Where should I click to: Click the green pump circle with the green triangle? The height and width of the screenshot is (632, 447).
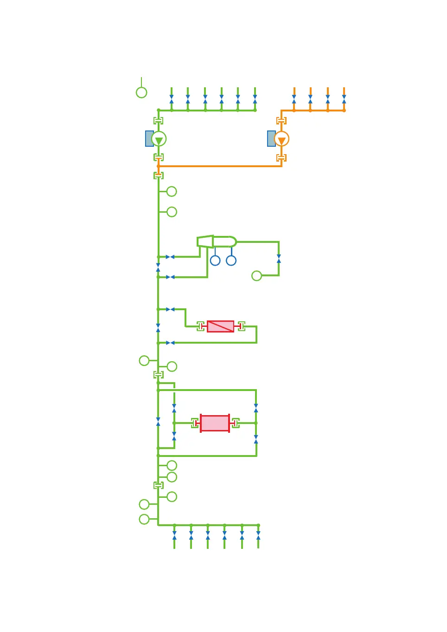[159, 139]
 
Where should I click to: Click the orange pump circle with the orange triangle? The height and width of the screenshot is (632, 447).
[281, 139]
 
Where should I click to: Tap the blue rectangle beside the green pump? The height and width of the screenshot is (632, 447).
[149, 138]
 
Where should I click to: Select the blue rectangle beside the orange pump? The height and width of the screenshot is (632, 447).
[271, 138]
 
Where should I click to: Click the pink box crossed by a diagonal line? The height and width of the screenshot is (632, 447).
[220, 326]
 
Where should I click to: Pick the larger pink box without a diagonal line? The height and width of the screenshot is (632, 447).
[215, 423]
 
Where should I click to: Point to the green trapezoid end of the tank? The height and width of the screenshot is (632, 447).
[205, 241]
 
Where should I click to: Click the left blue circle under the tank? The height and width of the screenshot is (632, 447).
[215, 261]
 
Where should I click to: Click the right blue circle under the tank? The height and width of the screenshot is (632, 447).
[231, 261]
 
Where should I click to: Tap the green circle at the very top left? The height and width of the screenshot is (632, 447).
[141, 92]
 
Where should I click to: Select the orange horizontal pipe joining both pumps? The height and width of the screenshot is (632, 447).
[220, 166]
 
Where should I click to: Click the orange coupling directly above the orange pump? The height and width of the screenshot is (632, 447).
[281, 121]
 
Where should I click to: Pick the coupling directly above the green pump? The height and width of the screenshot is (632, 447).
[159, 121]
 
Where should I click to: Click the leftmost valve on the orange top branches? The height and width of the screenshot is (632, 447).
[294, 99]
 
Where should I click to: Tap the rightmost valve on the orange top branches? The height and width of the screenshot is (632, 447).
[344, 99]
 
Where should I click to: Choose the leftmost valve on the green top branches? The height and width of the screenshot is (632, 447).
[172, 99]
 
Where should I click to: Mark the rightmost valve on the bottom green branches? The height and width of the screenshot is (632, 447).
[258, 535]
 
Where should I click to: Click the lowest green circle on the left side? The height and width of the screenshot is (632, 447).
[144, 519]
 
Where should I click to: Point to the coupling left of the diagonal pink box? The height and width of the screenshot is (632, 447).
[201, 326]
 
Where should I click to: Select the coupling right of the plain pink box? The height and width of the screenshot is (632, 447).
[236, 423]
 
